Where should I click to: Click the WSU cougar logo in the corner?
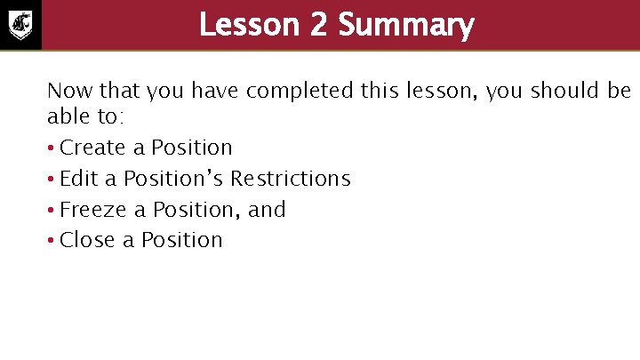point(20,24)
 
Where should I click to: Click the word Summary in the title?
point(406,25)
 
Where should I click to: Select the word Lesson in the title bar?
point(251,25)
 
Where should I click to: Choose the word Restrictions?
point(291,179)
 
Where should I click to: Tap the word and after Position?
point(267,210)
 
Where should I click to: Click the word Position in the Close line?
point(182,240)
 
